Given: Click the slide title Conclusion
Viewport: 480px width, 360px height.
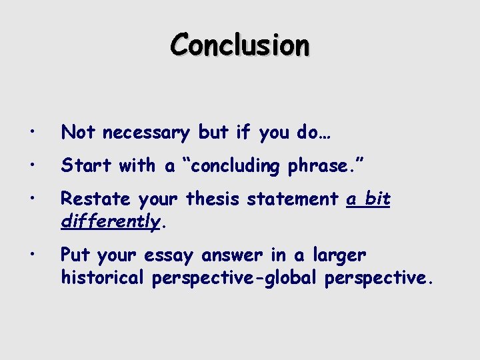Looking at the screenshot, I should pos(240,45).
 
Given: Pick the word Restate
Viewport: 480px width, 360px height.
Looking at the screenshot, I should pos(94,199).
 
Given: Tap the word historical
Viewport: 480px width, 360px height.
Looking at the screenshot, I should pos(102,277).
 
